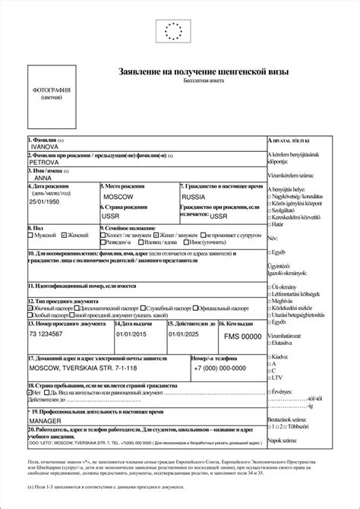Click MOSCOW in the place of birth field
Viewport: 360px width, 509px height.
117,196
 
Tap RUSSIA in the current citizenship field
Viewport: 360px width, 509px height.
194,196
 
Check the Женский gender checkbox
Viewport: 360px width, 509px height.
65,236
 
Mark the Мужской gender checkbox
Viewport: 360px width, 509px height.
31,236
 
